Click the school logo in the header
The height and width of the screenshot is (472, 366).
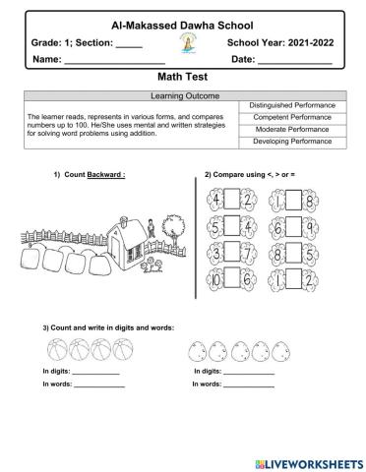pyautogui.click(x=184, y=43)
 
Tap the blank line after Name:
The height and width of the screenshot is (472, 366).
pyautogui.click(x=113, y=61)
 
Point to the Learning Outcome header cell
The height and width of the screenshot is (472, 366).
pyautogui.click(x=183, y=95)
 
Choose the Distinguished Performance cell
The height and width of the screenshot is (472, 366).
pyautogui.click(x=292, y=105)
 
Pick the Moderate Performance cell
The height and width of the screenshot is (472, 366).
pyautogui.click(x=292, y=129)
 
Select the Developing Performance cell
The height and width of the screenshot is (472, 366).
pyautogui.click(x=292, y=142)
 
